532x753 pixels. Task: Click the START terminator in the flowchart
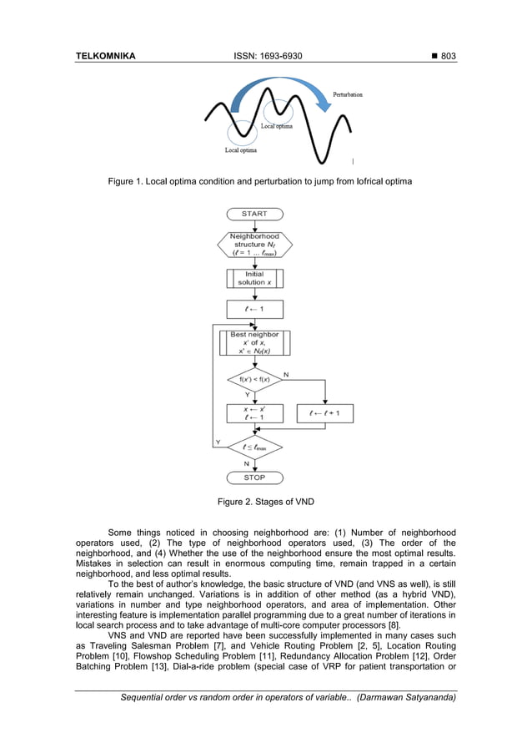point(254,214)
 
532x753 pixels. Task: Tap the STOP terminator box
point(254,478)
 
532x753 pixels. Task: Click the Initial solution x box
point(254,278)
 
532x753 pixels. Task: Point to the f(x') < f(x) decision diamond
point(254,381)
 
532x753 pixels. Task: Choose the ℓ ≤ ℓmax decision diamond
point(254,447)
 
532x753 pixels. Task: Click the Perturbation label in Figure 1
point(348,95)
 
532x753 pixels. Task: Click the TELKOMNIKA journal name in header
point(105,56)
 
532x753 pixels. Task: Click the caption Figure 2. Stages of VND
point(265,502)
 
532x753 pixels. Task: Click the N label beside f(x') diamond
point(286,375)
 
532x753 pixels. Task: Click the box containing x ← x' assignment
point(254,413)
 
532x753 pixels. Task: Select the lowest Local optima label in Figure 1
point(241,150)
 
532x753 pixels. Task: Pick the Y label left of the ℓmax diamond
point(218,442)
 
